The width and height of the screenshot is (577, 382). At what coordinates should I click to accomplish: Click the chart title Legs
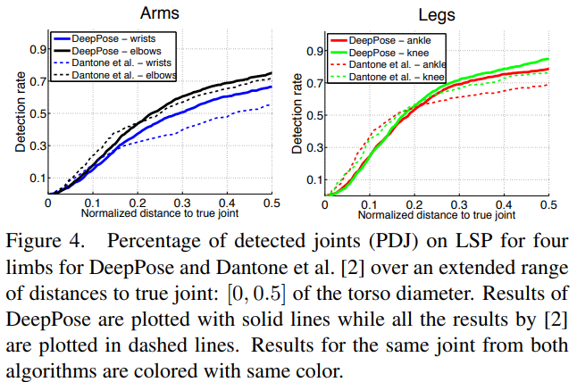tap(437, 13)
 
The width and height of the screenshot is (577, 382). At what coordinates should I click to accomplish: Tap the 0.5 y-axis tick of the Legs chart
tap(314, 114)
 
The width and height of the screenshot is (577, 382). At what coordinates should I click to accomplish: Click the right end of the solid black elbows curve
tap(272, 73)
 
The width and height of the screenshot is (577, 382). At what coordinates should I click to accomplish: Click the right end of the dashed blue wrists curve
tap(272, 104)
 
